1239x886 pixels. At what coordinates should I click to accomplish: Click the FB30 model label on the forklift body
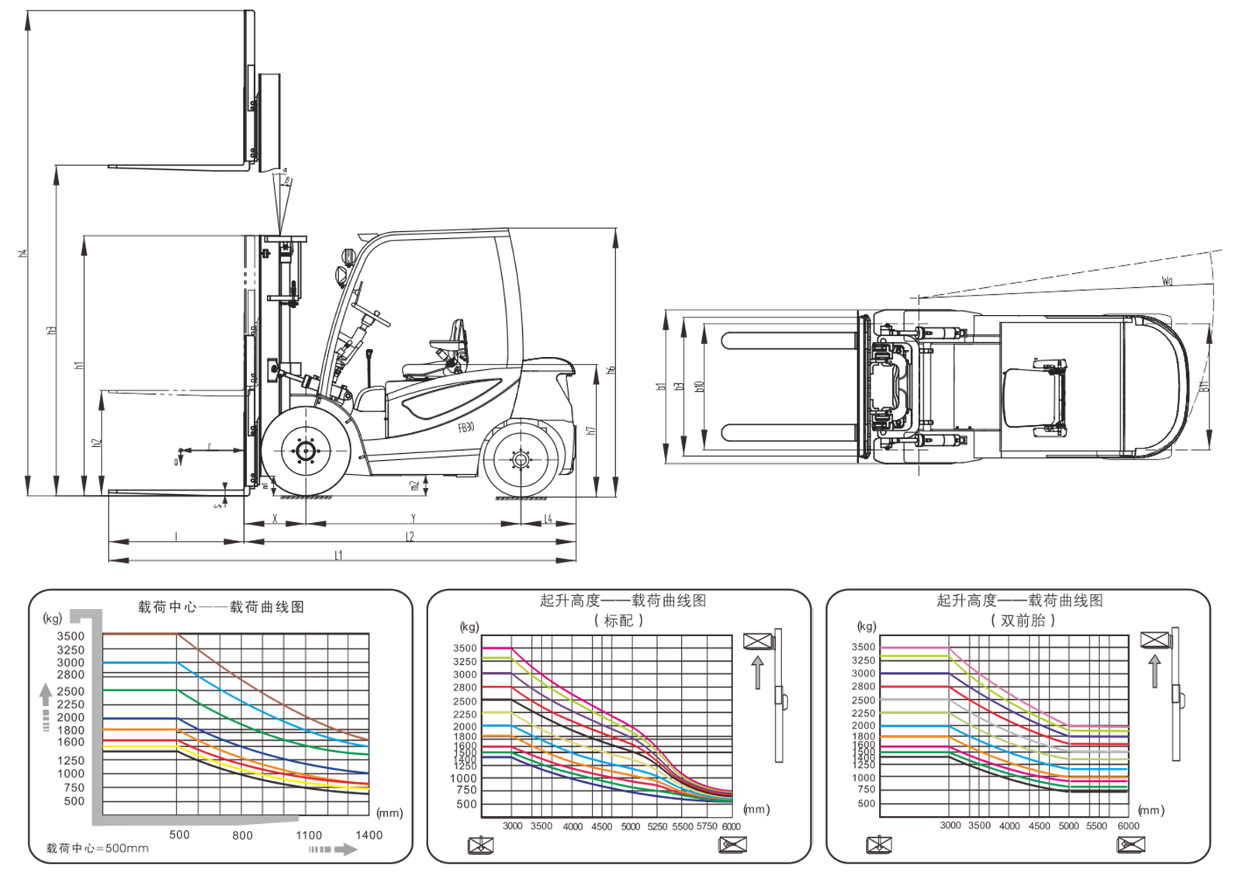[x=466, y=427]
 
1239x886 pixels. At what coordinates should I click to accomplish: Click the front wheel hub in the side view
[x=304, y=451]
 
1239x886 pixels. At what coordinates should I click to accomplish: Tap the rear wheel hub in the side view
[x=520, y=460]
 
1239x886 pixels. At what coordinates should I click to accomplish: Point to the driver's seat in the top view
[x=1033, y=398]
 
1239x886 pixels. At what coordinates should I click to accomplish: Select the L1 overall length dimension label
[x=338, y=555]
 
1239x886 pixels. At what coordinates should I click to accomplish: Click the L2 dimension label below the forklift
[x=410, y=537]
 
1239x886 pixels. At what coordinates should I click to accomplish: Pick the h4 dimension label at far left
[x=23, y=253]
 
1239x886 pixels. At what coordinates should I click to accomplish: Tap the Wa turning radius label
[x=1167, y=281]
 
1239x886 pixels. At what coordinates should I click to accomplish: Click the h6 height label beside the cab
[x=611, y=370]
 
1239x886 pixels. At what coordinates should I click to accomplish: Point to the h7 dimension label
[x=591, y=430]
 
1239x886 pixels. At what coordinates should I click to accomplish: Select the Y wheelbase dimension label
[x=413, y=518]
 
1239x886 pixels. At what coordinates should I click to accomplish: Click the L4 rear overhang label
[x=548, y=518]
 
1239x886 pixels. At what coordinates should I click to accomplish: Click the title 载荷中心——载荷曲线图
[x=221, y=607]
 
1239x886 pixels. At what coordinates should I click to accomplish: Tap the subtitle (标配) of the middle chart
[x=618, y=621]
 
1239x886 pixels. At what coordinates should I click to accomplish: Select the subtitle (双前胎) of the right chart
[x=1023, y=621]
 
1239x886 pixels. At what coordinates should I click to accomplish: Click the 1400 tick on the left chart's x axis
[x=369, y=835]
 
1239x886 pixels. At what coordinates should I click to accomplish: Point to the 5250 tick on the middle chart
[x=657, y=827]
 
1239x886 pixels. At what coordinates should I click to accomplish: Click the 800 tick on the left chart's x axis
[x=242, y=835]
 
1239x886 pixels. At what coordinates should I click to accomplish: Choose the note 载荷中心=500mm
[x=98, y=848]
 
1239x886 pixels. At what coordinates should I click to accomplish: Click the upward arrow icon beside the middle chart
[x=758, y=672]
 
